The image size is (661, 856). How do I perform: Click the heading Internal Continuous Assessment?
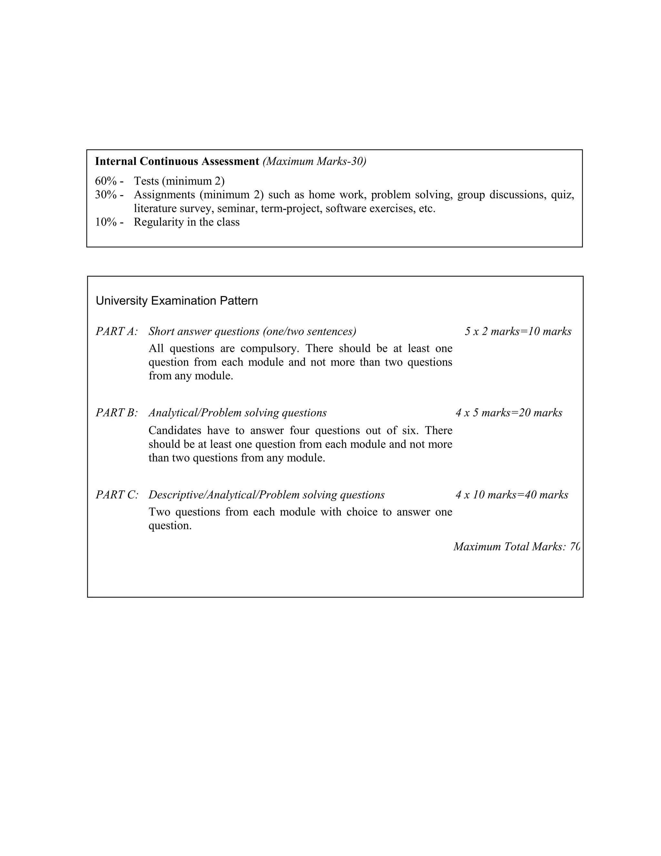(x=177, y=162)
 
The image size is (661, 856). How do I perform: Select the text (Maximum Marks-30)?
(x=314, y=162)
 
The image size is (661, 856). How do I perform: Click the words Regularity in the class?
(x=187, y=222)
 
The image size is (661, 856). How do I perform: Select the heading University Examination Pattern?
(x=177, y=301)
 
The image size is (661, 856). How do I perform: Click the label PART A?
(x=116, y=332)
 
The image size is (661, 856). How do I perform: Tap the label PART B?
(x=116, y=413)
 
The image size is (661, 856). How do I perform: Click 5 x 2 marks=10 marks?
(x=518, y=332)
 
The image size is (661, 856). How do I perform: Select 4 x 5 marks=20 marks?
(x=508, y=413)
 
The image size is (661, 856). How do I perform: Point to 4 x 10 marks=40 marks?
(x=512, y=495)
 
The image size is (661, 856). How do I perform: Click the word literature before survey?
(x=155, y=209)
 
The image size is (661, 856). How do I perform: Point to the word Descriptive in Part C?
(x=176, y=495)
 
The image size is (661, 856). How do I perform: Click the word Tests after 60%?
(x=146, y=181)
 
